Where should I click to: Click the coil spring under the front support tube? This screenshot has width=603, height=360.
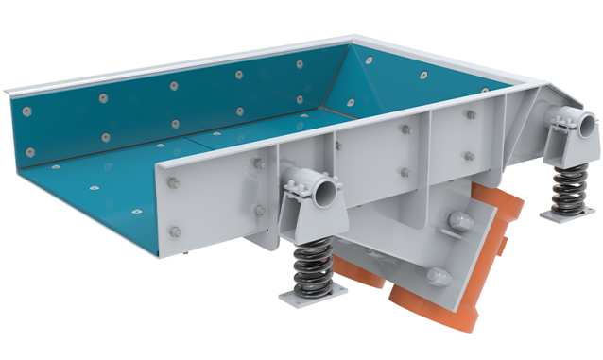(311, 266)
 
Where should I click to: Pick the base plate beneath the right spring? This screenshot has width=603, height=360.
(564, 216)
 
